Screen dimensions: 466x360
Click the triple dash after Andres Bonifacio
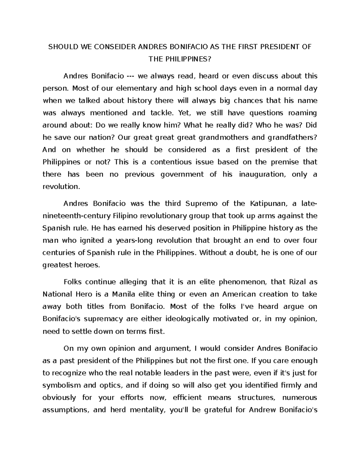131,76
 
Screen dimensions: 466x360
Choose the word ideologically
184,319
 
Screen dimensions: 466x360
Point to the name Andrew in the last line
262,410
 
